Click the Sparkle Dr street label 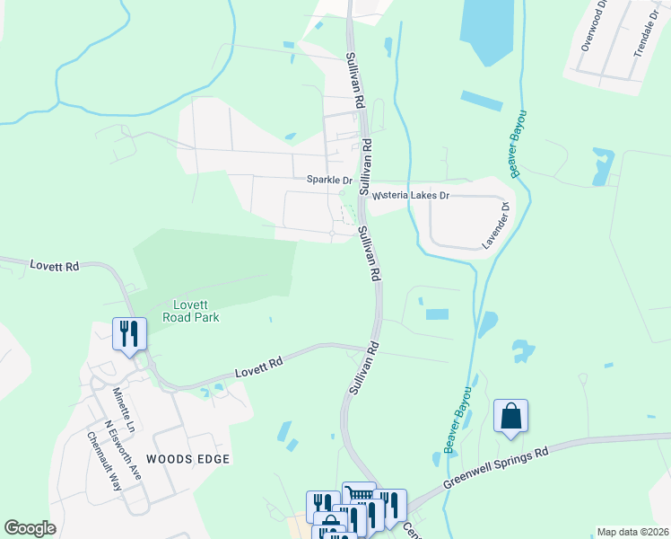pyautogui.click(x=329, y=180)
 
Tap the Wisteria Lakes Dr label pyautogui.click(x=411, y=195)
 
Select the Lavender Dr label pyautogui.click(x=495, y=225)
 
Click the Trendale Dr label pyautogui.click(x=646, y=29)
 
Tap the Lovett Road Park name pyautogui.click(x=191, y=311)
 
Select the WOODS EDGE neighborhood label pyautogui.click(x=188, y=459)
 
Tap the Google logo pyautogui.click(x=30, y=528)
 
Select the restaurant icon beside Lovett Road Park pyautogui.click(x=128, y=334)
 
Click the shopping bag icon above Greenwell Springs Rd pyautogui.click(x=510, y=416)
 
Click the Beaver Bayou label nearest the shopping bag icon pyautogui.click(x=457, y=419)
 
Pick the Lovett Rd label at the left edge pyautogui.click(x=54, y=266)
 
